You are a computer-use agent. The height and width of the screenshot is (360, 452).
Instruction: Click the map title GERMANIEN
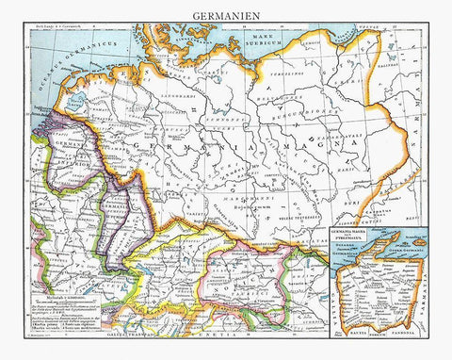(x=225, y=15)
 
